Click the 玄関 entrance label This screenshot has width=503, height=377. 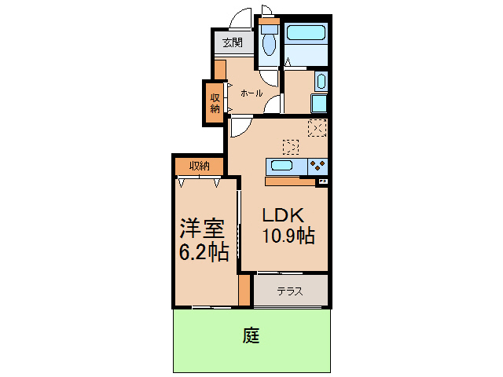(x=232, y=42)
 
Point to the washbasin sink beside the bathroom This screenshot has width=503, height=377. (x=321, y=82)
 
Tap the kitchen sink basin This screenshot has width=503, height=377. (x=281, y=166)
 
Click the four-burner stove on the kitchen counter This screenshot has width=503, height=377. (x=318, y=166)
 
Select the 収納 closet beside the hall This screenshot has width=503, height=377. (x=214, y=103)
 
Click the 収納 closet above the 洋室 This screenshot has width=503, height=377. (x=198, y=165)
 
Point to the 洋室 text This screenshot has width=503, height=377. (x=203, y=229)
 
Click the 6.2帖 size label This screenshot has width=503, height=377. (x=203, y=252)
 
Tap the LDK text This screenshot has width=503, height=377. (x=283, y=214)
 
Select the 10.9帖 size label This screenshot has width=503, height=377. (x=289, y=235)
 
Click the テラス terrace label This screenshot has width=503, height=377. (x=290, y=291)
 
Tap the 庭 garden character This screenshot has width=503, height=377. (x=251, y=336)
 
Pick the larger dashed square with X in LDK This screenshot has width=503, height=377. (x=317, y=128)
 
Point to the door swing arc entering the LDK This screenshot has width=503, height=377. (x=239, y=126)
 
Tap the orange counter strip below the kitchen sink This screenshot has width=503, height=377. (x=289, y=181)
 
